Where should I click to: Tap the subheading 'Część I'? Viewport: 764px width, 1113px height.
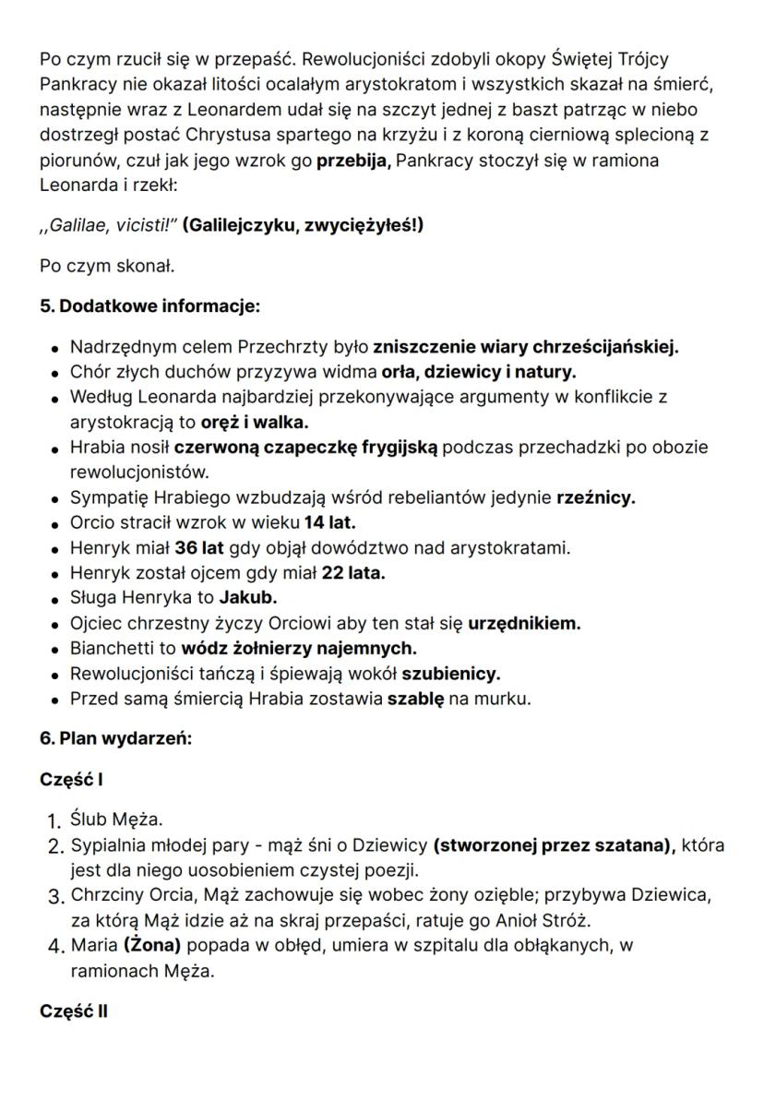coord(71,779)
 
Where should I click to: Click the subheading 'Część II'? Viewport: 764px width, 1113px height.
coord(73,1011)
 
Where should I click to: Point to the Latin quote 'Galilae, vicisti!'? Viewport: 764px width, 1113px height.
coord(109,224)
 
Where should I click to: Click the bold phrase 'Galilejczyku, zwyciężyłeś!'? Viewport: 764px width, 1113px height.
coord(303,224)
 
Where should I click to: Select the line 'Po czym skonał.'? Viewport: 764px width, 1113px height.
coord(107,266)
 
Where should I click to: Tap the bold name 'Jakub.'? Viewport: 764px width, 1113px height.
coord(248,597)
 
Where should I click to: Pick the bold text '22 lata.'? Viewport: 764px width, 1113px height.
coord(353,572)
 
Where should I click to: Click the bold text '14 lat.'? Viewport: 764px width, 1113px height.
coord(329,522)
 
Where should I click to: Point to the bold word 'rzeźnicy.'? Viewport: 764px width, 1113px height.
coord(595,497)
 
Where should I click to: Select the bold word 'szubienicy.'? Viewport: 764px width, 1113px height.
coord(450,673)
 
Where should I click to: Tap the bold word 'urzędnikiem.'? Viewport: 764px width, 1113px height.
coord(524,623)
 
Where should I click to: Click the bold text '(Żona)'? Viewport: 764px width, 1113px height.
coord(150,945)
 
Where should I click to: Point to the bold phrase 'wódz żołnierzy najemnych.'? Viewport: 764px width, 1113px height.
coord(298,648)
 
